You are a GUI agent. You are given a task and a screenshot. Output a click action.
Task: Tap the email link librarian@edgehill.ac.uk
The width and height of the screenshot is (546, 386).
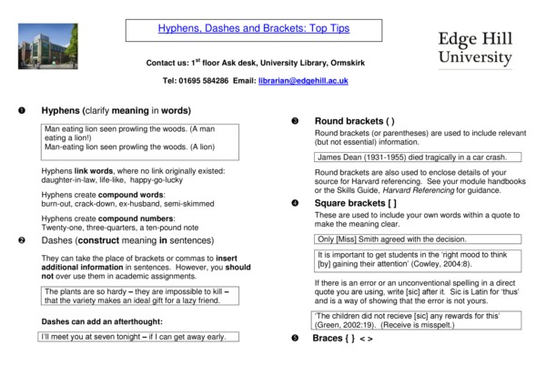[303, 81]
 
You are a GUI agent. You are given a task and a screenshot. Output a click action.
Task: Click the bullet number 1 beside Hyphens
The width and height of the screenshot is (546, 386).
[20, 111]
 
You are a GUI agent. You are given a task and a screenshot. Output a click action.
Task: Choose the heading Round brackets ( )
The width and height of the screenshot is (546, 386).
[354, 121]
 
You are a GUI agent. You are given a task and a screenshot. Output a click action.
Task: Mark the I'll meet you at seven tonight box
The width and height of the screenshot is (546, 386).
[133, 337]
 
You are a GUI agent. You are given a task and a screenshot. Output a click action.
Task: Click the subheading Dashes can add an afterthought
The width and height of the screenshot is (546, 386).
[102, 322]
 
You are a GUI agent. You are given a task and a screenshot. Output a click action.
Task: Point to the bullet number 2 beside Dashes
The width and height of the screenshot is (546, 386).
[20, 240]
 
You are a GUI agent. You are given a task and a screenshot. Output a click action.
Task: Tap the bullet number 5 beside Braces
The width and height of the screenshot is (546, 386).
[294, 339]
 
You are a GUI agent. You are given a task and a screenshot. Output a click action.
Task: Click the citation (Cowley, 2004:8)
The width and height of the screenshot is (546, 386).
[433, 264]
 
